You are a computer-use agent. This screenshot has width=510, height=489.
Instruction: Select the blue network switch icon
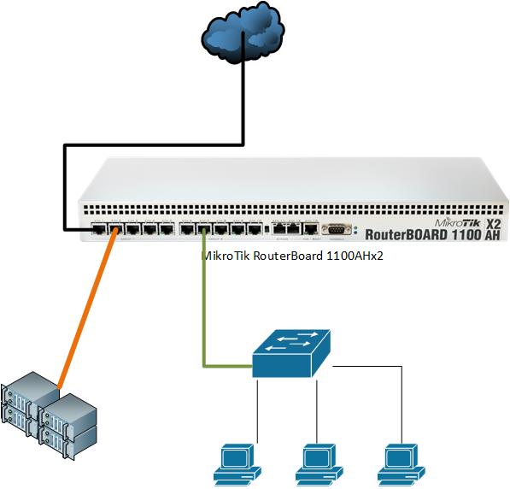tap(292, 354)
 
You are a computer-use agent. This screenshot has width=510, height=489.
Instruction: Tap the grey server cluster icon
tap(50, 412)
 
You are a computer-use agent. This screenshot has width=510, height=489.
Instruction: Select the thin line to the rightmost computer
tap(398, 402)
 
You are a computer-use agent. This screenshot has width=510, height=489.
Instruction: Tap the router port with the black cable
tap(98, 229)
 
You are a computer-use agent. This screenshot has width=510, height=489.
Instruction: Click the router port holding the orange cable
tap(115, 229)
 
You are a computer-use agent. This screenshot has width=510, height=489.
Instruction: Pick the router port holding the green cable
tap(203, 229)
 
